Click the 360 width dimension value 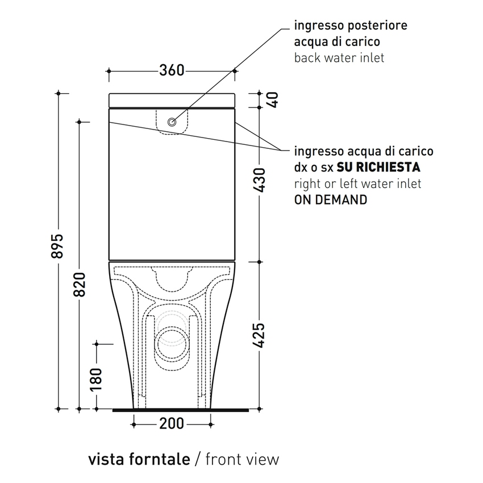[x=171, y=70]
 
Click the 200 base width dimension [x=172, y=423]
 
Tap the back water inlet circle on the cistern [x=172, y=122]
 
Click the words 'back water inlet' [x=339, y=57]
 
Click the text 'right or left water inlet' [x=357, y=184]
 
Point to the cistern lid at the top [x=172, y=99]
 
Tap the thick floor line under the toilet [x=181, y=409]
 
